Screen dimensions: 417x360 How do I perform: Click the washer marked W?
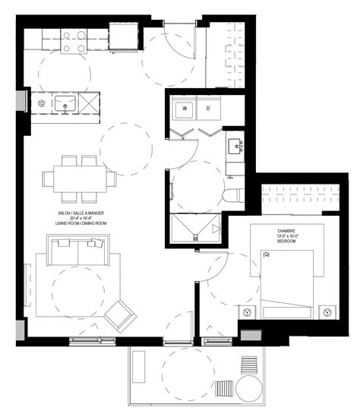click(185, 109)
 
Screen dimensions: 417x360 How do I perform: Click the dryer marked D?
click(209, 109)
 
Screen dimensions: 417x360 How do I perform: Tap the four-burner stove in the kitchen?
click(74, 42)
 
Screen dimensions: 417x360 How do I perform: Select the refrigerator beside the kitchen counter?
click(124, 36)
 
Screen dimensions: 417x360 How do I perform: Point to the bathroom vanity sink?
click(234, 144)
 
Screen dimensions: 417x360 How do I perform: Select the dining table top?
click(79, 179)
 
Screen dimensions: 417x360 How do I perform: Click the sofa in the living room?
click(77, 251)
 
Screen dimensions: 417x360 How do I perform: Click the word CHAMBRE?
click(287, 230)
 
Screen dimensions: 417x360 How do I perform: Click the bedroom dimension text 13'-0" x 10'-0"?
click(287, 236)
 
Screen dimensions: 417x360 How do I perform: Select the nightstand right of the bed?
click(327, 311)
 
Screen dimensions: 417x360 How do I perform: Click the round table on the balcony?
click(248, 389)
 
